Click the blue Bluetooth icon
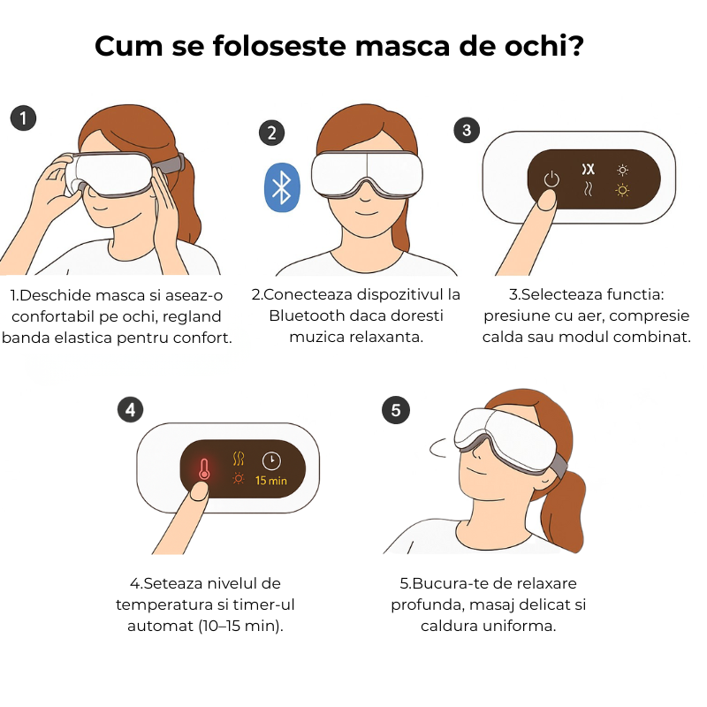282,187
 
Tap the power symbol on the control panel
551,179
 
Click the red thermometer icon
204,469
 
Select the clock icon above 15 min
271,460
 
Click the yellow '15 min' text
271,481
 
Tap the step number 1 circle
24,118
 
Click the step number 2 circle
271,133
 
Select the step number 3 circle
467,130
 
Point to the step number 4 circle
130,410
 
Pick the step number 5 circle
396,410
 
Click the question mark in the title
575,45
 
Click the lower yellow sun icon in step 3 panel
622,190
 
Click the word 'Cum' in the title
128,46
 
